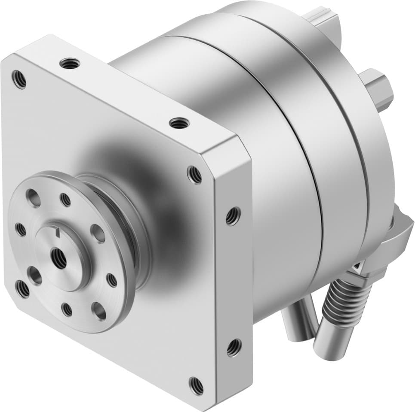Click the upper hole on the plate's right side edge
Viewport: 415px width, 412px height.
[x=233, y=216]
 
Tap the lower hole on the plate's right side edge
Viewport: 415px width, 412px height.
[x=233, y=347]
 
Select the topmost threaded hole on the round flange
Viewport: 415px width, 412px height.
[x=65, y=200]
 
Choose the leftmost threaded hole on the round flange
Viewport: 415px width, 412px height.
[x=20, y=230]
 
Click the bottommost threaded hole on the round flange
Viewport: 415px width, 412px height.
[x=67, y=309]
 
